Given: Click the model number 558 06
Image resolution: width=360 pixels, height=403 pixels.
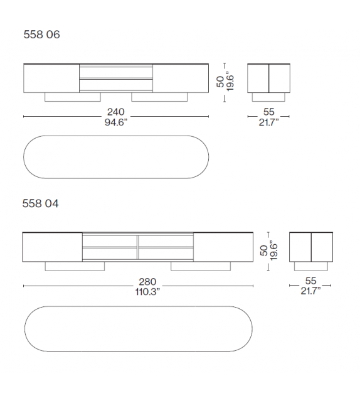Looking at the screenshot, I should pyautogui.click(x=41, y=35).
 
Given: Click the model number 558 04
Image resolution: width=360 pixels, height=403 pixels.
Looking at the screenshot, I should pyautogui.click(x=41, y=203).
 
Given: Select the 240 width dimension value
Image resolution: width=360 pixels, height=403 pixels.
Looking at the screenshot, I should pyautogui.click(x=115, y=112).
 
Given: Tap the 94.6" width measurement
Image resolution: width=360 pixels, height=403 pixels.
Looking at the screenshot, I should pyautogui.click(x=115, y=122).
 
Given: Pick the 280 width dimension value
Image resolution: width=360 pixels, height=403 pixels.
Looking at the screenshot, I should pyautogui.click(x=139, y=282).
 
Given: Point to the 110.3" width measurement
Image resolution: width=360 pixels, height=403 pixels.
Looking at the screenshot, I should pyautogui.click(x=139, y=291).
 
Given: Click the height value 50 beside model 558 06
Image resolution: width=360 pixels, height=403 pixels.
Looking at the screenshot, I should pyautogui.click(x=221, y=82).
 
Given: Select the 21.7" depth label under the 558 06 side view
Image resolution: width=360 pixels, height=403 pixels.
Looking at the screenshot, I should pyautogui.click(x=268, y=122).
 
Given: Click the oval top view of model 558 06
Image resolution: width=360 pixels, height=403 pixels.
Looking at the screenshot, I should pyautogui.click(x=116, y=156).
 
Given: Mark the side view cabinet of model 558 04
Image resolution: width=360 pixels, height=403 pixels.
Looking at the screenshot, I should pyautogui.click(x=310, y=247).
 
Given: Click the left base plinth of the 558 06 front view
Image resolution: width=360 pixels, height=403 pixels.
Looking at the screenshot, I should pyautogui.click(x=72, y=97).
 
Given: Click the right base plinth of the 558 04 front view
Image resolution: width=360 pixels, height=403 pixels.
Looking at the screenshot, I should pyautogui.click(x=200, y=267).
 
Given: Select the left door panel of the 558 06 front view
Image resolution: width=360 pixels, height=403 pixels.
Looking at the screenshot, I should pyautogui.click(x=51, y=78).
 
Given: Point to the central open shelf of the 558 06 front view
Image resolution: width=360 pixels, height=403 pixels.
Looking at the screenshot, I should pyautogui.click(x=116, y=78).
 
